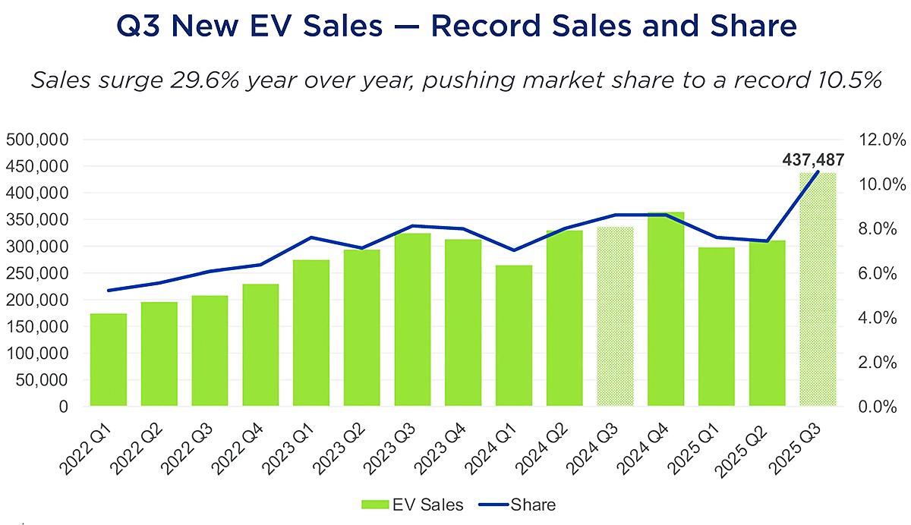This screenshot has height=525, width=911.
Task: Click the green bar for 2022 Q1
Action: [108, 360]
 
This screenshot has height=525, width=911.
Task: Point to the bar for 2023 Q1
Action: [310, 333]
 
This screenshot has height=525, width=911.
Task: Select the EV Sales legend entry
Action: [415, 505]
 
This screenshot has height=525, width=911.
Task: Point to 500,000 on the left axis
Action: [37, 140]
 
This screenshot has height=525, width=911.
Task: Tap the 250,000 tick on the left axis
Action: [37, 273]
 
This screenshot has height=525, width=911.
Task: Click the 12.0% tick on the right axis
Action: [881, 140]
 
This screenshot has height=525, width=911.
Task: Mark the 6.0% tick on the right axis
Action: [881, 273]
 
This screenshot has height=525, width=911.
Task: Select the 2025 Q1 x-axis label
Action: [700, 448]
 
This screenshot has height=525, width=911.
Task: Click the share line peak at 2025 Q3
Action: [818, 172]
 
